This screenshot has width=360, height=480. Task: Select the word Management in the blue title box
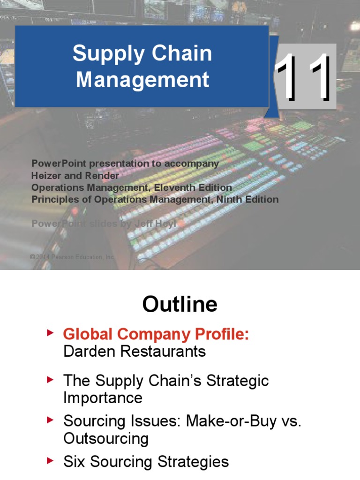click(x=142, y=79)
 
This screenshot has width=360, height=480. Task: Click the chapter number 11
click(x=303, y=78)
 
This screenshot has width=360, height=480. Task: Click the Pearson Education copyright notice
click(x=72, y=257)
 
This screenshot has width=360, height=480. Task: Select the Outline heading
click(x=180, y=305)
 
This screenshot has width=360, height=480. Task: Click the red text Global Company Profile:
click(x=156, y=334)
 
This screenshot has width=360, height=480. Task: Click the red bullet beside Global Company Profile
click(x=50, y=333)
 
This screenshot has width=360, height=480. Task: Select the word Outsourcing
click(x=106, y=439)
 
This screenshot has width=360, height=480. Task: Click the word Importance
click(x=103, y=398)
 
